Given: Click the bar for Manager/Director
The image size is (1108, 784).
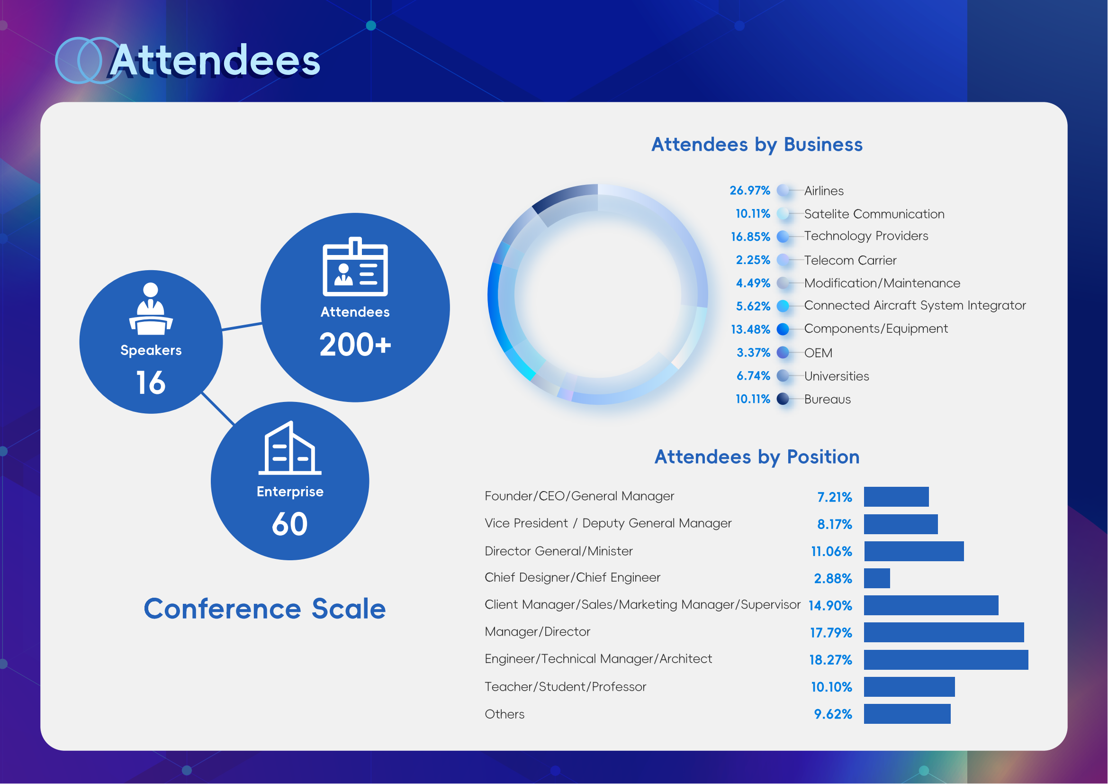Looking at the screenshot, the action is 944,632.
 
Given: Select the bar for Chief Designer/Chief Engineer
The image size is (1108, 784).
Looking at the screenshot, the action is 877,578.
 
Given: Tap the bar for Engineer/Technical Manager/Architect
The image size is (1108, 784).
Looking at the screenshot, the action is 946,660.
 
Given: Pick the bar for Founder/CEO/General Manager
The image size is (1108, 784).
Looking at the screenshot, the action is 896,497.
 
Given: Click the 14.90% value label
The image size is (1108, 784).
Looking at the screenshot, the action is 830,606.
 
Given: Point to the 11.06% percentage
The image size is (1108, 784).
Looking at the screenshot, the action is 831,551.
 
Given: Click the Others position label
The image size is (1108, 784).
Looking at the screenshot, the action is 504,714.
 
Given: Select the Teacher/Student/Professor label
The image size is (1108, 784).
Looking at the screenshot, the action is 565,687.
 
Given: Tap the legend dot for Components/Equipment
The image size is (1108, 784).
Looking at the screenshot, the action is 783,329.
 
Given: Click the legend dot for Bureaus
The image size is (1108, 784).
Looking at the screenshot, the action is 783,399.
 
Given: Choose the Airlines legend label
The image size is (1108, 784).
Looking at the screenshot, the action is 824,191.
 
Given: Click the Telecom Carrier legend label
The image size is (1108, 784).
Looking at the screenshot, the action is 850,260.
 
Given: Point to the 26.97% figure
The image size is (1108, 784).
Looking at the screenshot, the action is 749,190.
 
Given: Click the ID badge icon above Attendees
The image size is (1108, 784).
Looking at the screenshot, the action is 355,266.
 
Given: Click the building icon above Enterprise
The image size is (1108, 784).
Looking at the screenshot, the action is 290,447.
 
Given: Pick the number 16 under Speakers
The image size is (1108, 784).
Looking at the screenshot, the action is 151,383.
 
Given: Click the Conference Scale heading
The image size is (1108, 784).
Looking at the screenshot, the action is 265,608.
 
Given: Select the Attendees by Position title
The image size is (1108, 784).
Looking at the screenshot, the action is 757,456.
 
